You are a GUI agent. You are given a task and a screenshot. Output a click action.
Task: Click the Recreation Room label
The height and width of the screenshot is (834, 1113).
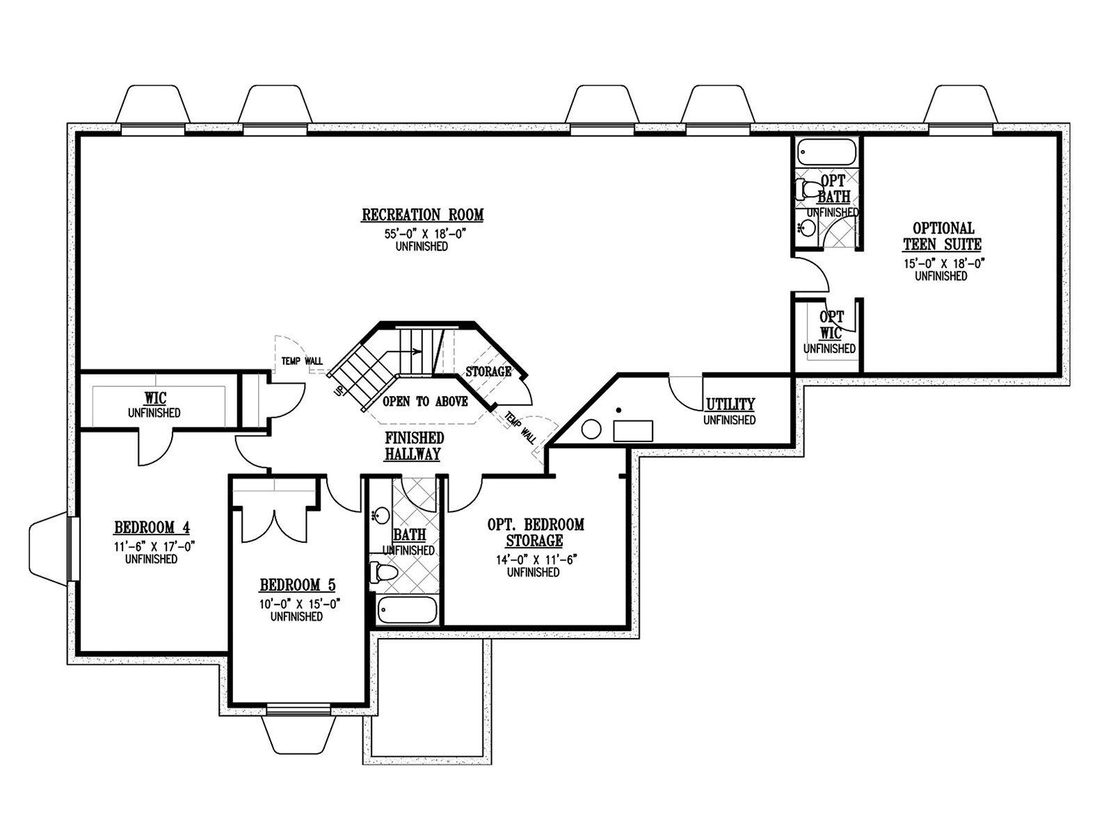(x=422, y=215)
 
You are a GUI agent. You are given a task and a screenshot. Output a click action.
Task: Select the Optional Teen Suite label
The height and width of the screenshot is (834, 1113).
(x=943, y=236)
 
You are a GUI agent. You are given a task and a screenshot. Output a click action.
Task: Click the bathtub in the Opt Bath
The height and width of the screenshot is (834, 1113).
(x=827, y=152)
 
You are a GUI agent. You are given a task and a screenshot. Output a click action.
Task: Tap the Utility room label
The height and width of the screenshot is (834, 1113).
(x=730, y=404)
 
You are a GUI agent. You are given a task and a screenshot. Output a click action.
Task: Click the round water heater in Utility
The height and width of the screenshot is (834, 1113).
(x=591, y=430)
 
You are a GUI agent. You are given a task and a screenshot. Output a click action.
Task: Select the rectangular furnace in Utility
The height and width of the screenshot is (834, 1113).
(x=633, y=430)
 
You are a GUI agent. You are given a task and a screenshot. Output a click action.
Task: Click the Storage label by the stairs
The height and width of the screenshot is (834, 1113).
(x=489, y=371)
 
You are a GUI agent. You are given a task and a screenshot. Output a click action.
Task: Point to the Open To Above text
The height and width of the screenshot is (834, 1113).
(x=425, y=402)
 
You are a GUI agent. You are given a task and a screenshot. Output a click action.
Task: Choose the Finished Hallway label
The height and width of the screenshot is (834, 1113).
(x=413, y=445)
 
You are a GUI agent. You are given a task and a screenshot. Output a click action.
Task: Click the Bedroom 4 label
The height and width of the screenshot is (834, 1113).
(x=152, y=528)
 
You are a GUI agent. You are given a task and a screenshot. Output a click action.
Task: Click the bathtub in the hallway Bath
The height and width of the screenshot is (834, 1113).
(x=407, y=610)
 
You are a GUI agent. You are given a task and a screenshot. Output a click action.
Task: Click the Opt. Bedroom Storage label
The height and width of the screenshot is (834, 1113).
(x=536, y=532)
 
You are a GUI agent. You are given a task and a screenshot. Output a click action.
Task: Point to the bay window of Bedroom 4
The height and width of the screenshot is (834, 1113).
(x=49, y=549)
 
